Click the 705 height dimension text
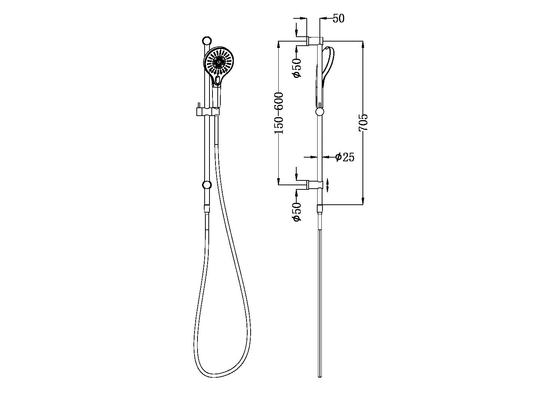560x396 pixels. pyautogui.click(x=363, y=122)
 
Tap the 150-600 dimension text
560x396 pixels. pyautogui.click(x=279, y=113)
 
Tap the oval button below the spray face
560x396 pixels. pyautogui.click(x=217, y=80)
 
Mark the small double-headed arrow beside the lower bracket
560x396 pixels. pyautogui.click(x=328, y=185)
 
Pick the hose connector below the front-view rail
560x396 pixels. pyautogui.click(x=206, y=209)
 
